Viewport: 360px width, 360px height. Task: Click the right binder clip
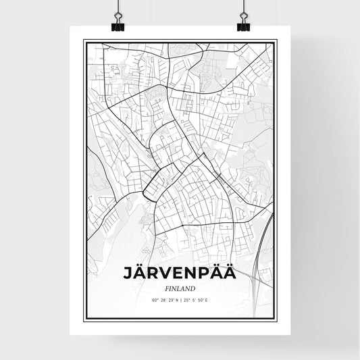click(x=242, y=22)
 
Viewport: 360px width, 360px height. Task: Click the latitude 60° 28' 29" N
click(x=165, y=300)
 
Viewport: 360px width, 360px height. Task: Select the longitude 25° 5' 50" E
click(x=195, y=300)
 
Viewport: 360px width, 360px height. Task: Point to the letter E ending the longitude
click(x=206, y=300)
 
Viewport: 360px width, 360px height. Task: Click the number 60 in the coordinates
click(x=154, y=300)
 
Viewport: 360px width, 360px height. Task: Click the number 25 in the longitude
click(x=185, y=300)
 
